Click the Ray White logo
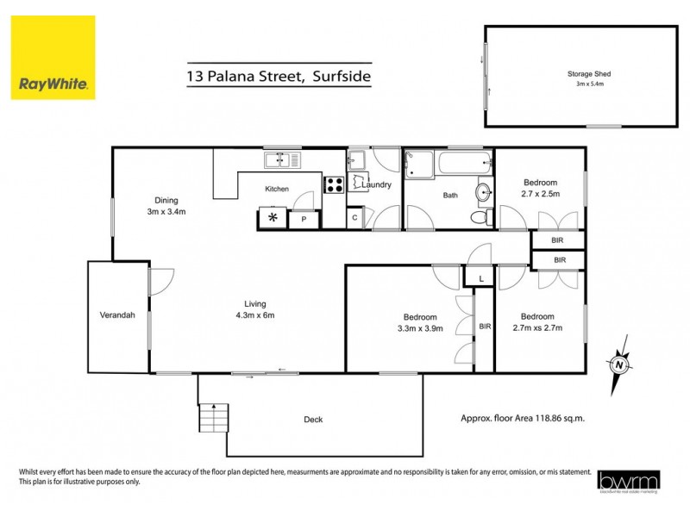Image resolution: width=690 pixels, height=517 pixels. [x=53, y=58]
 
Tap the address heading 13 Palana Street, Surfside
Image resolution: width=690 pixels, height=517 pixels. [x=279, y=77]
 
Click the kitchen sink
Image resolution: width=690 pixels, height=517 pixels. [x=283, y=159]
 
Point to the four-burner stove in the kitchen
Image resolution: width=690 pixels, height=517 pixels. [x=334, y=184]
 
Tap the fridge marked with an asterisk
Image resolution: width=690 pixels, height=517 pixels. [x=273, y=218]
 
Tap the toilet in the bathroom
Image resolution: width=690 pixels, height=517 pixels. [x=479, y=216]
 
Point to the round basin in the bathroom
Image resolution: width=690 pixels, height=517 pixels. [x=484, y=191]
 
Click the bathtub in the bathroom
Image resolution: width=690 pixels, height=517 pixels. [x=464, y=162]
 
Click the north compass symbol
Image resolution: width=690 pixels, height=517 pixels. [x=618, y=364]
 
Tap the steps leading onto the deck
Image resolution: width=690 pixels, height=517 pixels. [x=215, y=420]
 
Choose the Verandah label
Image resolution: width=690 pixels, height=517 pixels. [x=118, y=315]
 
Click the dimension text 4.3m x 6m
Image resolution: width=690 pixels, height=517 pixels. [x=254, y=315]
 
